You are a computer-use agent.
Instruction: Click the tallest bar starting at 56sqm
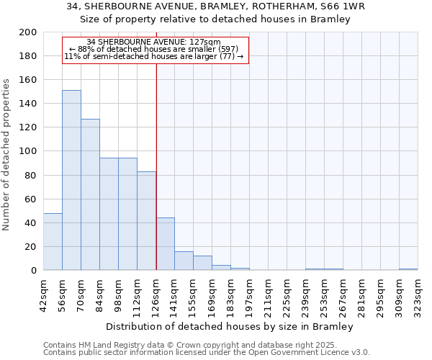point(71,180)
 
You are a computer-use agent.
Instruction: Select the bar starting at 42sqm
point(53,241)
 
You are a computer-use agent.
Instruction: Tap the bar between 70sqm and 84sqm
point(90,194)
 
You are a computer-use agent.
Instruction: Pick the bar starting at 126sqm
point(165,243)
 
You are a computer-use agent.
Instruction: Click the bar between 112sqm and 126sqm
point(146,220)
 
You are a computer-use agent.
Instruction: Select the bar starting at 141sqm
point(184,261)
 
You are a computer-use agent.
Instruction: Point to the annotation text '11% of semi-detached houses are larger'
point(154,56)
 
